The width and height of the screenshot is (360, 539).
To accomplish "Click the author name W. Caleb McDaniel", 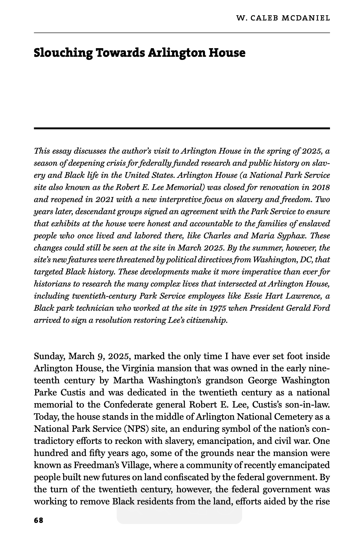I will tap(283, 18).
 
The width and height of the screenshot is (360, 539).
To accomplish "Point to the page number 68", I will tap(38, 520).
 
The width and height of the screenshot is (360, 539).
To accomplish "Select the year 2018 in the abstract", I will tap(320, 187).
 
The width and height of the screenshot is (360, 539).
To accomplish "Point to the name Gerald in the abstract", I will tap(299, 308).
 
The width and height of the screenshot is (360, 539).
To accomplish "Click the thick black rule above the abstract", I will tap(182, 128).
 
